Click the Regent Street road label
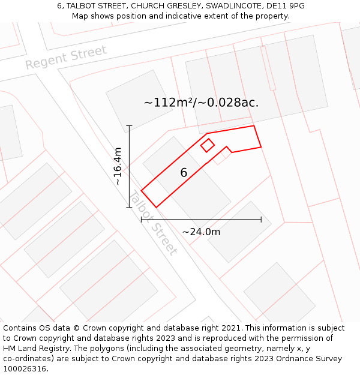66,57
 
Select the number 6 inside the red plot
184,173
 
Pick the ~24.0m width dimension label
201,232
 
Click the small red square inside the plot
208,145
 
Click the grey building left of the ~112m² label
131,100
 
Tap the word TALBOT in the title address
85,5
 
